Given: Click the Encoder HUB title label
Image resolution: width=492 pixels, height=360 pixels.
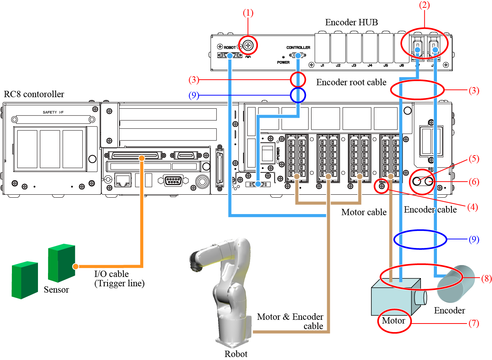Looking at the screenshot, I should tap(351, 22).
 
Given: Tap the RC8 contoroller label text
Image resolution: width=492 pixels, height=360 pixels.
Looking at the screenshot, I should tap(34, 94).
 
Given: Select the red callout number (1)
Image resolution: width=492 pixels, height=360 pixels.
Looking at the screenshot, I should tap(248, 13).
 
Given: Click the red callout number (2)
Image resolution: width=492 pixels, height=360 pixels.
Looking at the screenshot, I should tap(424, 5).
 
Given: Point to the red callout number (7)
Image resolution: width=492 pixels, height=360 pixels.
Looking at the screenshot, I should tap(473, 323).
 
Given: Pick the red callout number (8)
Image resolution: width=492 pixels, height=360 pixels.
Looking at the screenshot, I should tap(486, 278).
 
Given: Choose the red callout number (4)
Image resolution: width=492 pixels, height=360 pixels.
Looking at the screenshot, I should tap(472, 207).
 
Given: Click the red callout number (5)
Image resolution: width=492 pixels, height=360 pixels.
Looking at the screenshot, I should tap(473, 159).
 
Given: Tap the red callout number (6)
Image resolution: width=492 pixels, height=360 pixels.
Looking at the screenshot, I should tap(473, 182).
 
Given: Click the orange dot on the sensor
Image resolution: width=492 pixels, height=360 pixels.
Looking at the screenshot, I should tap(76, 266).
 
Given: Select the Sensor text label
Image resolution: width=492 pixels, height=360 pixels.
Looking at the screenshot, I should tap(56, 290).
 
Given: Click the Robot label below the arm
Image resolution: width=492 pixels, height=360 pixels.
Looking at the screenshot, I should tap(236, 354).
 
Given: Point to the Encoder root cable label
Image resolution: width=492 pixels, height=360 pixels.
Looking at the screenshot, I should tap(351, 82).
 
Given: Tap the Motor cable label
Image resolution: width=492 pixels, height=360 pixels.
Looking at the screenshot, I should tap(364, 212).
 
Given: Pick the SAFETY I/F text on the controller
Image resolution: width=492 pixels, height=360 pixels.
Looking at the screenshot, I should tap(53, 112).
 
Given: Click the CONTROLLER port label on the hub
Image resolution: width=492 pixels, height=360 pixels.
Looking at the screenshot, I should tap(298, 48).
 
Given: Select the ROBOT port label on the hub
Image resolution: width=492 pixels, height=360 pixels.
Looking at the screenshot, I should tap(230, 48).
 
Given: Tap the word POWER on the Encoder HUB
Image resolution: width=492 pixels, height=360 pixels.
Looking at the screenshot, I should tap(283, 63).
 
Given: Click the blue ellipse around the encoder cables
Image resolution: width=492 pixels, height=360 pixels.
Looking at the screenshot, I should tap(420, 239).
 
